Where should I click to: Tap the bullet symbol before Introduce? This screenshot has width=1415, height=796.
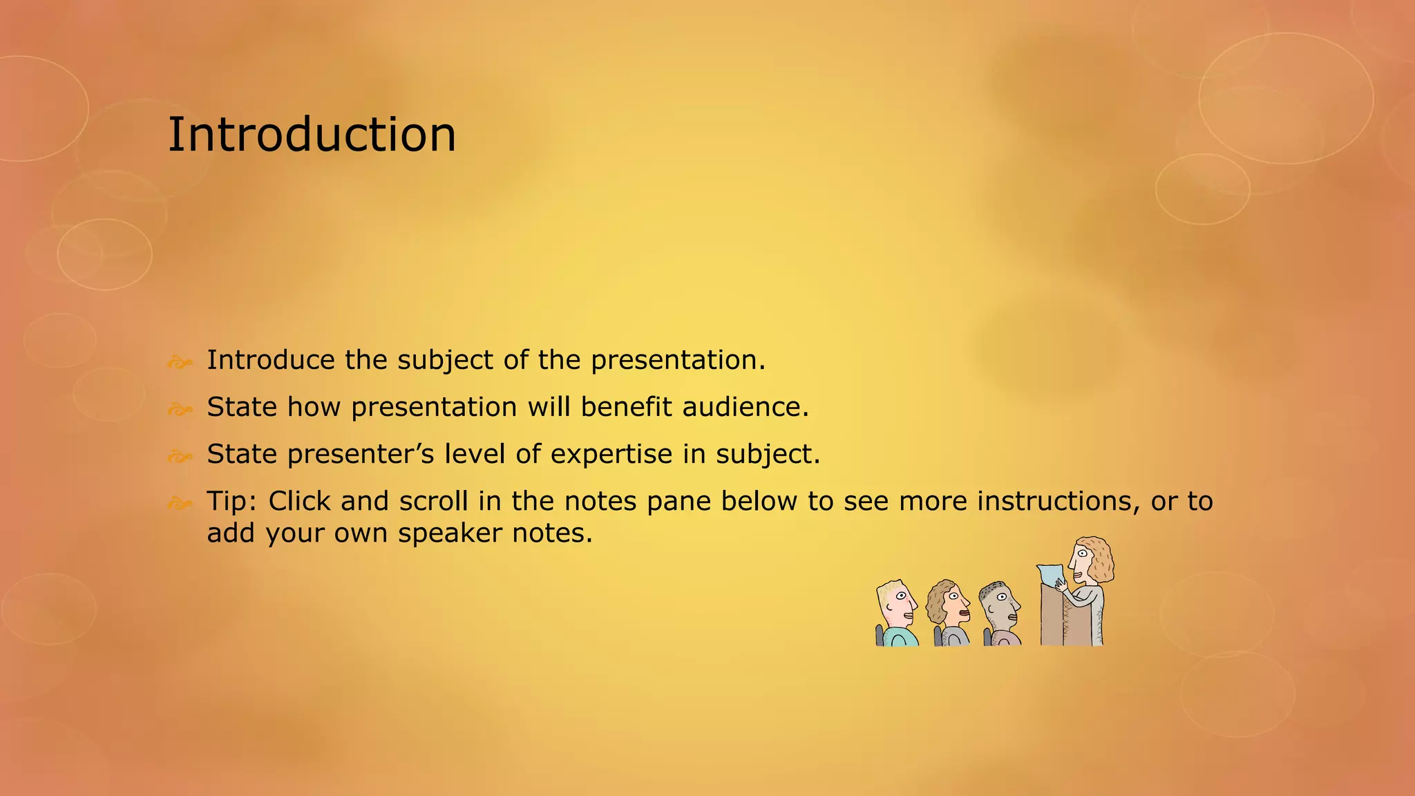[x=180, y=362]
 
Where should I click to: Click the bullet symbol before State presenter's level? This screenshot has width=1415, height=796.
[x=180, y=456]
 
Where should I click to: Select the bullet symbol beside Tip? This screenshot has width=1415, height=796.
[x=180, y=503]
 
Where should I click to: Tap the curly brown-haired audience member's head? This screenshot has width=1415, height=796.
[x=947, y=601]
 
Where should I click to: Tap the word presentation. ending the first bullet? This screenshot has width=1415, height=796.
[x=678, y=360]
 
